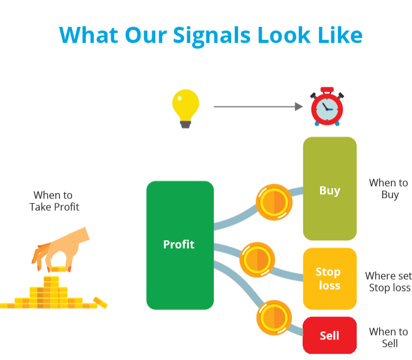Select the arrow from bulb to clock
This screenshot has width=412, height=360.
[258, 107]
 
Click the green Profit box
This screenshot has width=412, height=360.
[180, 245]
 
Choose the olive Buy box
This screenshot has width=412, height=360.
[329, 189]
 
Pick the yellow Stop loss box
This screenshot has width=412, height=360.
[329, 279]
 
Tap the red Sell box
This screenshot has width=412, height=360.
[329, 335]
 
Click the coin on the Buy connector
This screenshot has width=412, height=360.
[274, 202]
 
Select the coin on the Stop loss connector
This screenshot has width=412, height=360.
[257, 259]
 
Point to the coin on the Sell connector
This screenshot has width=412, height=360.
[273, 318]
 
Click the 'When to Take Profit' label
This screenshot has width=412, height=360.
[55, 201]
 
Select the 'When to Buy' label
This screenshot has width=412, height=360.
[388, 189]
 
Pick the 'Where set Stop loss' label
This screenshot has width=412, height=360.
[388, 282]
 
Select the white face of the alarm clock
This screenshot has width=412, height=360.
[327, 110]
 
